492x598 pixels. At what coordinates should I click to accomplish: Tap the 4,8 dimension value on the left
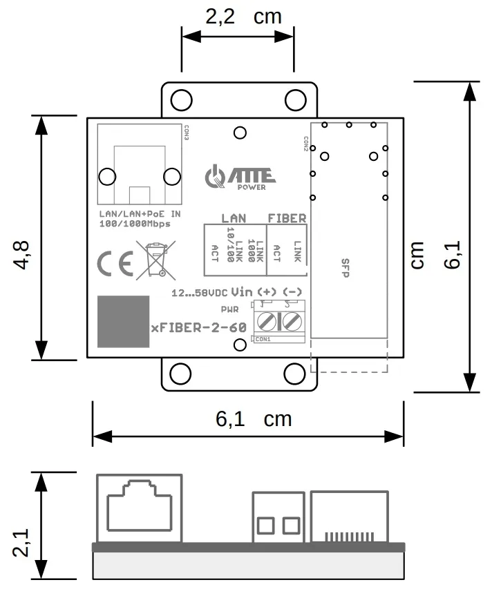20,255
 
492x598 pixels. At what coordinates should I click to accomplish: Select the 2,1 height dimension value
20,542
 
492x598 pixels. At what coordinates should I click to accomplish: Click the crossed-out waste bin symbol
155,260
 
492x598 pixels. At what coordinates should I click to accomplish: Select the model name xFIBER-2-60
198,327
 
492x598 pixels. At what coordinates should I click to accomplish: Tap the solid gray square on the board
123,321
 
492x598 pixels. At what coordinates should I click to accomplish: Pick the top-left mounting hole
181,99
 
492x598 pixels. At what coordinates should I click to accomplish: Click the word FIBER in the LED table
287,218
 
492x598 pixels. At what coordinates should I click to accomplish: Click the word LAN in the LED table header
234,218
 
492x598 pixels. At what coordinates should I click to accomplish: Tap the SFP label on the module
346,268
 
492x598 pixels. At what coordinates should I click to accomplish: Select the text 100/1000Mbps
135,224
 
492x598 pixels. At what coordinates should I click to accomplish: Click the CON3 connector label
187,133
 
